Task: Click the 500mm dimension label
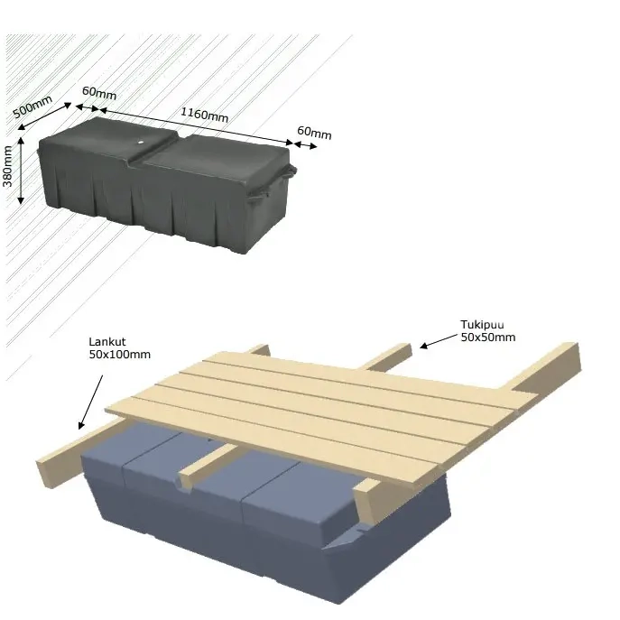click(x=32, y=106)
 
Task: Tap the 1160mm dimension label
click(x=205, y=115)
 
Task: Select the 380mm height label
click(x=7, y=166)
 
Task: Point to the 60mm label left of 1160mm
click(x=99, y=93)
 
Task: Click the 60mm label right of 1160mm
click(x=314, y=133)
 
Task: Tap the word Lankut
click(x=107, y=342)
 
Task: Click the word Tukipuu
click(x=482, y=325)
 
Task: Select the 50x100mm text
click(x=120, y=355)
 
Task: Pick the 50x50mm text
click(x=488, y=338)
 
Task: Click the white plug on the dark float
click(x=141, y=142)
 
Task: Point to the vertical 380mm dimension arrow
click(x=21, y=171)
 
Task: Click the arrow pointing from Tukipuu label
click(x=438, y=341)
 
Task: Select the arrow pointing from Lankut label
click(x=90, y=403)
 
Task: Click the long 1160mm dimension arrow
click(x=197, y=125)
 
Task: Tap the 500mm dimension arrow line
click(x=45, y=116)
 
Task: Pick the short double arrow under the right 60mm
click(x=306, y=145)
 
